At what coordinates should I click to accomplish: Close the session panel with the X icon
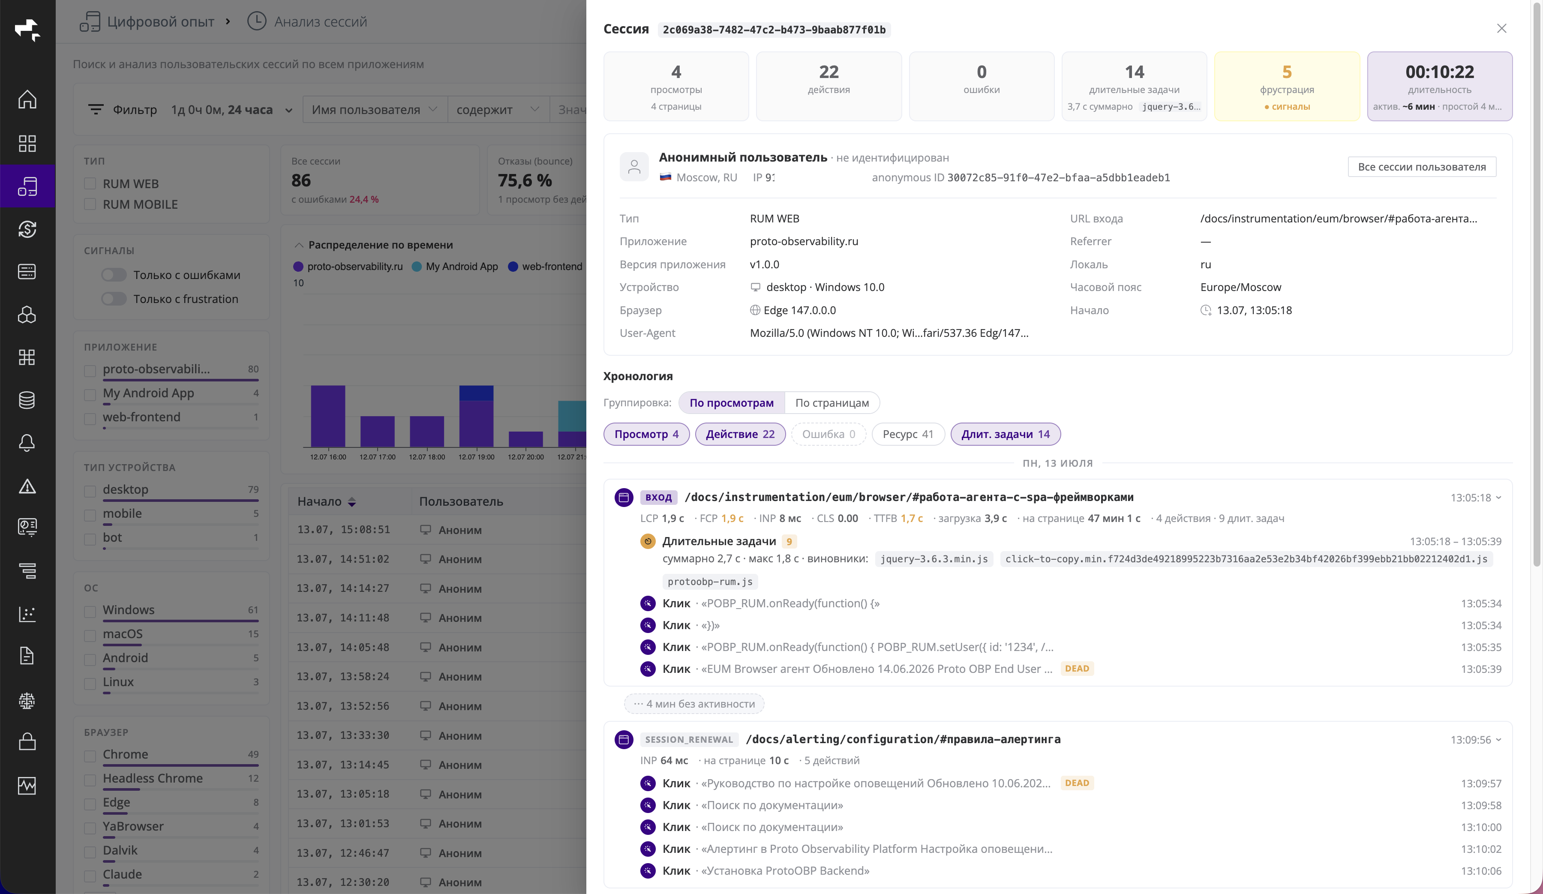click(x=1501, y=29)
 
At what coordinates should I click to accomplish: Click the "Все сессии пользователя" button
click(x=1422, y=167)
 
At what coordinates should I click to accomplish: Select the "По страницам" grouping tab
click(x=832, y=403)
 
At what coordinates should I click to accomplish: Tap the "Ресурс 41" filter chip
click(x=907, y=434)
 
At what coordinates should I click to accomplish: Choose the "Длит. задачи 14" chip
click(x=1006, y=434)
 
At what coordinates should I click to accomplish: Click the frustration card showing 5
click(x=1286, y=86)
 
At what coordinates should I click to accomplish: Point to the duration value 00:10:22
click(x=1440, y=72)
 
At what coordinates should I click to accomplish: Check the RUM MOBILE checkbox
click(x=90, y=204)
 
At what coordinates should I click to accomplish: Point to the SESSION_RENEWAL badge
click(x=689, y=740)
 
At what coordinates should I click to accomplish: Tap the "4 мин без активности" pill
click(x=694, y=704)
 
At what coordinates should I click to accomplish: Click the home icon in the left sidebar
click(x=27, y=99)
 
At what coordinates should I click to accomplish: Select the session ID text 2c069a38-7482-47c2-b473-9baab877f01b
click(x=774, y=30)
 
